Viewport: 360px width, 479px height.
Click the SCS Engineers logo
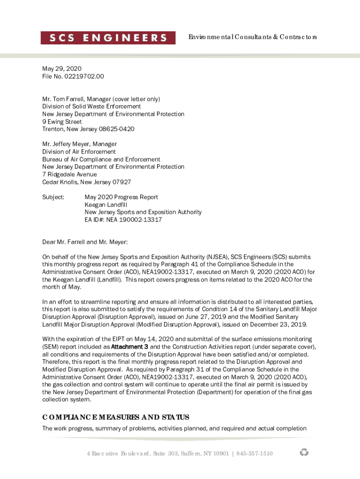(108, 38)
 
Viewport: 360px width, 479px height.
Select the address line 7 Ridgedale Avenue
(70, 174)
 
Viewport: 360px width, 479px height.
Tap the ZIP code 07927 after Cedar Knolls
(121, 182)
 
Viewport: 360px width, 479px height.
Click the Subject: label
(53, 197)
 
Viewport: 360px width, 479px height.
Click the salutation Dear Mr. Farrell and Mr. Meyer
(85, 242)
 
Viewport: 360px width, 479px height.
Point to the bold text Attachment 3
(130, 347)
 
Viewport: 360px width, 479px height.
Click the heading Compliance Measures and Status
(115, 417)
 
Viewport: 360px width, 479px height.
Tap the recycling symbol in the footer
(304, 452)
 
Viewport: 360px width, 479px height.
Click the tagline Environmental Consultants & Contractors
(252, 37)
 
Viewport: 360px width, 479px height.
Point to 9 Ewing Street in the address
(62, 122)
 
